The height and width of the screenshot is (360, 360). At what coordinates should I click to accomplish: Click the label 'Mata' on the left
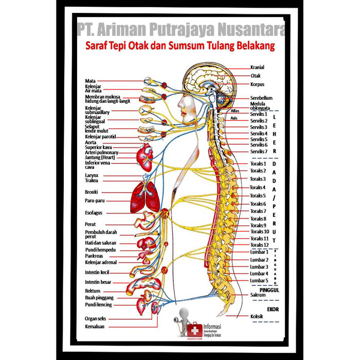[x=91, y=81]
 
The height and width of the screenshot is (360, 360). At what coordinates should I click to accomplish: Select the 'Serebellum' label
[x=261, y=98]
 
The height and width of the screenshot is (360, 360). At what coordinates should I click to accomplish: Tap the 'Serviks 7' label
[x=259, y=152]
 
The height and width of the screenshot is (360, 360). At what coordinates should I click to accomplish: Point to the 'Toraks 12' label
[x=259, y=245]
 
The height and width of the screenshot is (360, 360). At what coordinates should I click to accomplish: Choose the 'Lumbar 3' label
[x=259, y=267]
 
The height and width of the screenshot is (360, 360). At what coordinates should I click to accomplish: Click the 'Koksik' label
[x=257, y=316]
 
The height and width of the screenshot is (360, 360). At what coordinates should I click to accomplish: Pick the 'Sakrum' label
[x=258, y=295]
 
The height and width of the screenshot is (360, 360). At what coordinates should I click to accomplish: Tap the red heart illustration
[x=146, y=154]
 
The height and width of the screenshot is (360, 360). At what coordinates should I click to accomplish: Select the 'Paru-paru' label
[x=95, y=201]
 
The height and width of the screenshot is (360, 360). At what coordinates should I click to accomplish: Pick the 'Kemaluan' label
[x=96, y=326]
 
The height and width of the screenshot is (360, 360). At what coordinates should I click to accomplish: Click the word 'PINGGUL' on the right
[x=269, y=290]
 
